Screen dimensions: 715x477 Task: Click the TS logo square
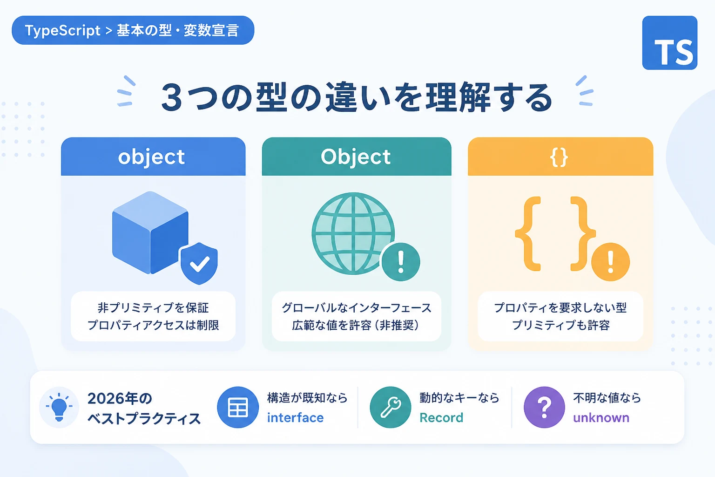tap(670, 43)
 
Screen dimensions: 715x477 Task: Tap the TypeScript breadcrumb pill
tap(133, 30)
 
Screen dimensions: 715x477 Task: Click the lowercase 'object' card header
tap(153, 157)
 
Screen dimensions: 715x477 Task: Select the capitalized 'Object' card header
tap(357, 157)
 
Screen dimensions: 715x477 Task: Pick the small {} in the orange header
tap(559, 157)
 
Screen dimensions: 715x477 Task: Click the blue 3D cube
tap(150, 232)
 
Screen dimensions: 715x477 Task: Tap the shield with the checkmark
tap(199, 263)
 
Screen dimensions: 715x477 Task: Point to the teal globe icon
tap(353, 233)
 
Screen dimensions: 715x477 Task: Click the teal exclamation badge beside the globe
tap(401, 262)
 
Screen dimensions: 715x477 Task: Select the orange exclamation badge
tap(610, 262)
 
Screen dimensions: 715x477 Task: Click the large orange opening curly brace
tap(528, 234)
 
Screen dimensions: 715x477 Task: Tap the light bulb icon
tap(59, 407)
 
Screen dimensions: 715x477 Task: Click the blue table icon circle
tap(238, 407)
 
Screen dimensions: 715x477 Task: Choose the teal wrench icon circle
tap(391, 407)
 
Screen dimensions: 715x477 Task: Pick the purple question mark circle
tap(544, 407)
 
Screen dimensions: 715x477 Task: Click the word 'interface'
tap(295, 417)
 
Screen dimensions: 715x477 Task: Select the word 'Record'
tap(441, 417)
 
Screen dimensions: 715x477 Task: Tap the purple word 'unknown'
tap(601, 417)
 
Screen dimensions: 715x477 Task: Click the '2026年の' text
tap(120, 398)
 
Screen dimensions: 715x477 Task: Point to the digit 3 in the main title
tap(172, 97)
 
